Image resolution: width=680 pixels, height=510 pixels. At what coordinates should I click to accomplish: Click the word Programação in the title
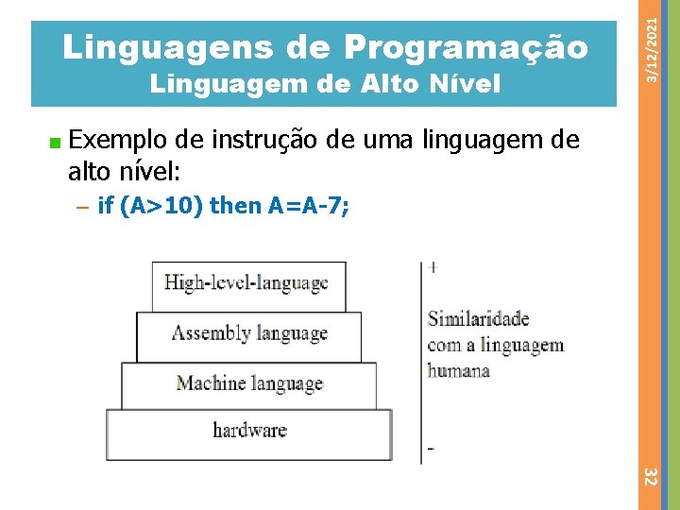point(466,45)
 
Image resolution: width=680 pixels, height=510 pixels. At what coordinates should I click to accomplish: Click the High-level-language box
point(247,284)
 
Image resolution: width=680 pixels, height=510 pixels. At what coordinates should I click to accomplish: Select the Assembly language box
point(249,334)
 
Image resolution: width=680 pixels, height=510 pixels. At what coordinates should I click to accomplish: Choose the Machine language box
point(249,384)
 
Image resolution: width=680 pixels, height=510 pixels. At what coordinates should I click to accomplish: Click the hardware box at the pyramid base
point(249,432)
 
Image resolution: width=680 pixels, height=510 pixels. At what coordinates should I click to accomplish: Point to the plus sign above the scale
point(433,268)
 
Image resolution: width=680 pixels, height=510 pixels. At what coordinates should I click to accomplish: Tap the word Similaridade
point(479,319)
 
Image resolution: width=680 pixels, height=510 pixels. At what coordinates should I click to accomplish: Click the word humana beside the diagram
point(459,371)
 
